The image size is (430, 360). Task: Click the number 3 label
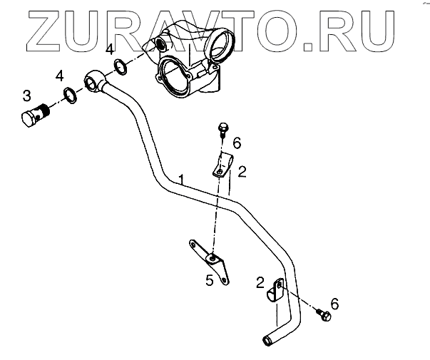[x=26, y=95]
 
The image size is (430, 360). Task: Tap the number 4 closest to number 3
[x=60, y=76]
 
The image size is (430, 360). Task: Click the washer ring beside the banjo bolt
[x=70, y=94]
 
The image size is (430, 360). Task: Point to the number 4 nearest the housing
[x=108, y=50]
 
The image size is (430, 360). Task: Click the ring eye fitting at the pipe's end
[x=94, y=80]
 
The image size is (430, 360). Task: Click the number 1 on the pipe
[x=183, y=179]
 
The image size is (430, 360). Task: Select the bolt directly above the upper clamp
[x=222, y=130]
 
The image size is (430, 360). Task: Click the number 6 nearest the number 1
[x=237, y=144]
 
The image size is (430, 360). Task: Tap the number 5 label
[x=209, y=280]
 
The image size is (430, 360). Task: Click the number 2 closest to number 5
[x=260, y=282]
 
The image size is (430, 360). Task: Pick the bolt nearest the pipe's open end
[x=324, y=314]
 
